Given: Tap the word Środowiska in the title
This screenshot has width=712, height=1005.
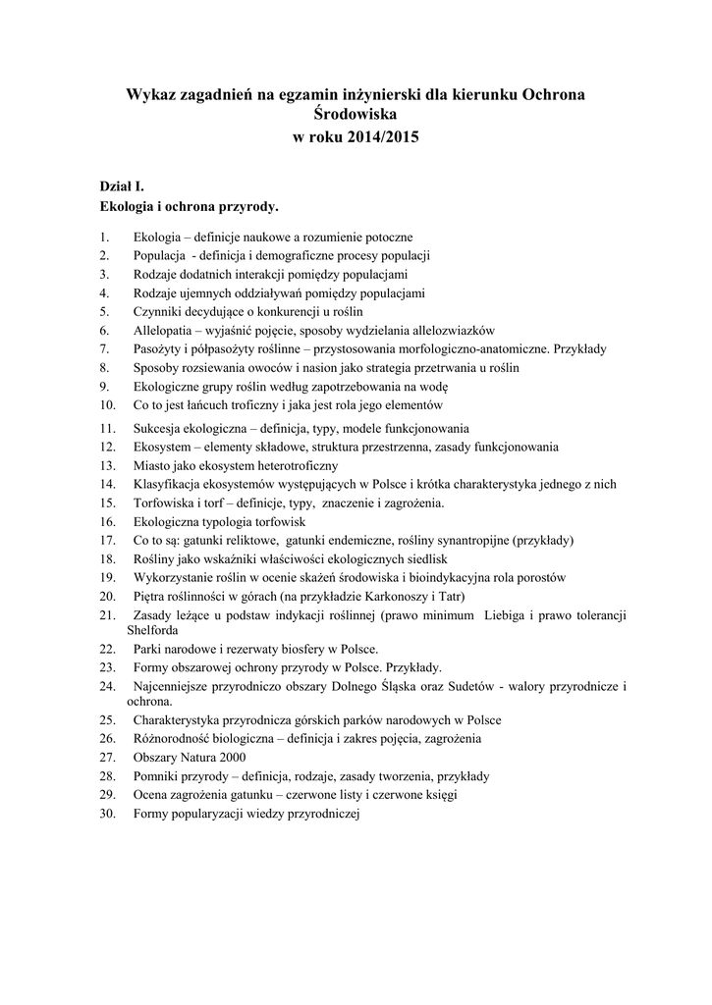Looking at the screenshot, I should point(356,115).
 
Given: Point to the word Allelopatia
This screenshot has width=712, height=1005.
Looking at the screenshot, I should point(160,330).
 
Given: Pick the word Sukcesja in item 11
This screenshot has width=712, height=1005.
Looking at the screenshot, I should point(157,428).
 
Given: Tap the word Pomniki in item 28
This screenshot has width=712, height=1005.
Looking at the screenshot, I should point(156,775).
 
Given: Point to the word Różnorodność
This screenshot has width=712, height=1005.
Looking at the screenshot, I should point(170,738).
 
